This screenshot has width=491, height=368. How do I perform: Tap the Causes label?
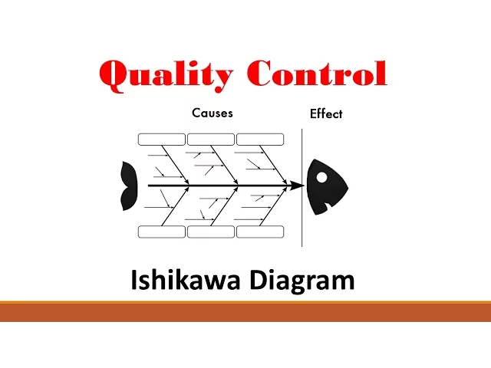tap(213, 113)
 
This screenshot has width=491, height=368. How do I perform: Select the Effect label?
tap(326, 113)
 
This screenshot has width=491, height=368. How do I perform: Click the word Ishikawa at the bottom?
tap(185, 281)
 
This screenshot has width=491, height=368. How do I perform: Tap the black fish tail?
tap(128, 186)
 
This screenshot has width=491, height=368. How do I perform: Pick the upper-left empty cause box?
tap(162, 140)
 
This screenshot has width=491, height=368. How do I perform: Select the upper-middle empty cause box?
tap(211, 140)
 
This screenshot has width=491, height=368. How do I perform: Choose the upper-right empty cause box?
tap(260, 140)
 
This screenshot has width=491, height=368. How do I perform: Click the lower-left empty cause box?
tap(162, 232)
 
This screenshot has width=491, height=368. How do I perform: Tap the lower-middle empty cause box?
tap(211, 232)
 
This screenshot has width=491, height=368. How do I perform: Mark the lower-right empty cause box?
tap(260, 232)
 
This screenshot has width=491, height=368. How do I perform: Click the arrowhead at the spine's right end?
tap(296, 186)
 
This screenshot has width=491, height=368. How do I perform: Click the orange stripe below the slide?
tap(245, 312)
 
